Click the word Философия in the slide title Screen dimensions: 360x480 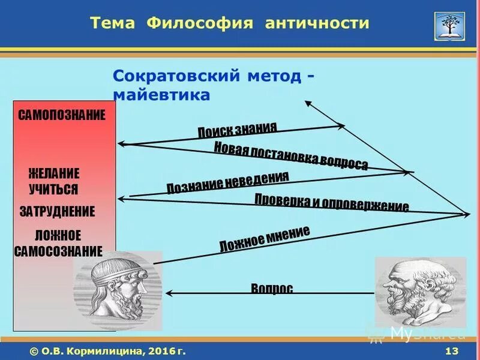pyautogui.click(x=195, y=23)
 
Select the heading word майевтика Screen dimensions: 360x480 pyautogui.click(x=161, y=95)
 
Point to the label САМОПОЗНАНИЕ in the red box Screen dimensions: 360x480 pyautogui.click(x=62, y=115)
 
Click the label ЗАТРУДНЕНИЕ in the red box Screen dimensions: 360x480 pyautogui.click(x=57, y=211)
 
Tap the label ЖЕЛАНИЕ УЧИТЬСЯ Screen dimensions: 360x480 pyautogui.click(x=54, y=181)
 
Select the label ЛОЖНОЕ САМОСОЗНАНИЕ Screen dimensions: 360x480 pyautogui.click(x=58, y=243)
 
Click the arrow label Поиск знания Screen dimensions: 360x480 pyautogui.click(x=238, y=130)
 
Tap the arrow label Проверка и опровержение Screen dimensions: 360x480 pyautogui.click(x=331, y=203)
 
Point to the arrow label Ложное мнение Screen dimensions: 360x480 pyautogui.click(x=265, y=238)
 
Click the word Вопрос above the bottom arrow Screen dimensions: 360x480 pyautogui.click(x=272, y=289)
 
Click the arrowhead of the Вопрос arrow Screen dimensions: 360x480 pyautogui.click(x=170, y=293)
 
